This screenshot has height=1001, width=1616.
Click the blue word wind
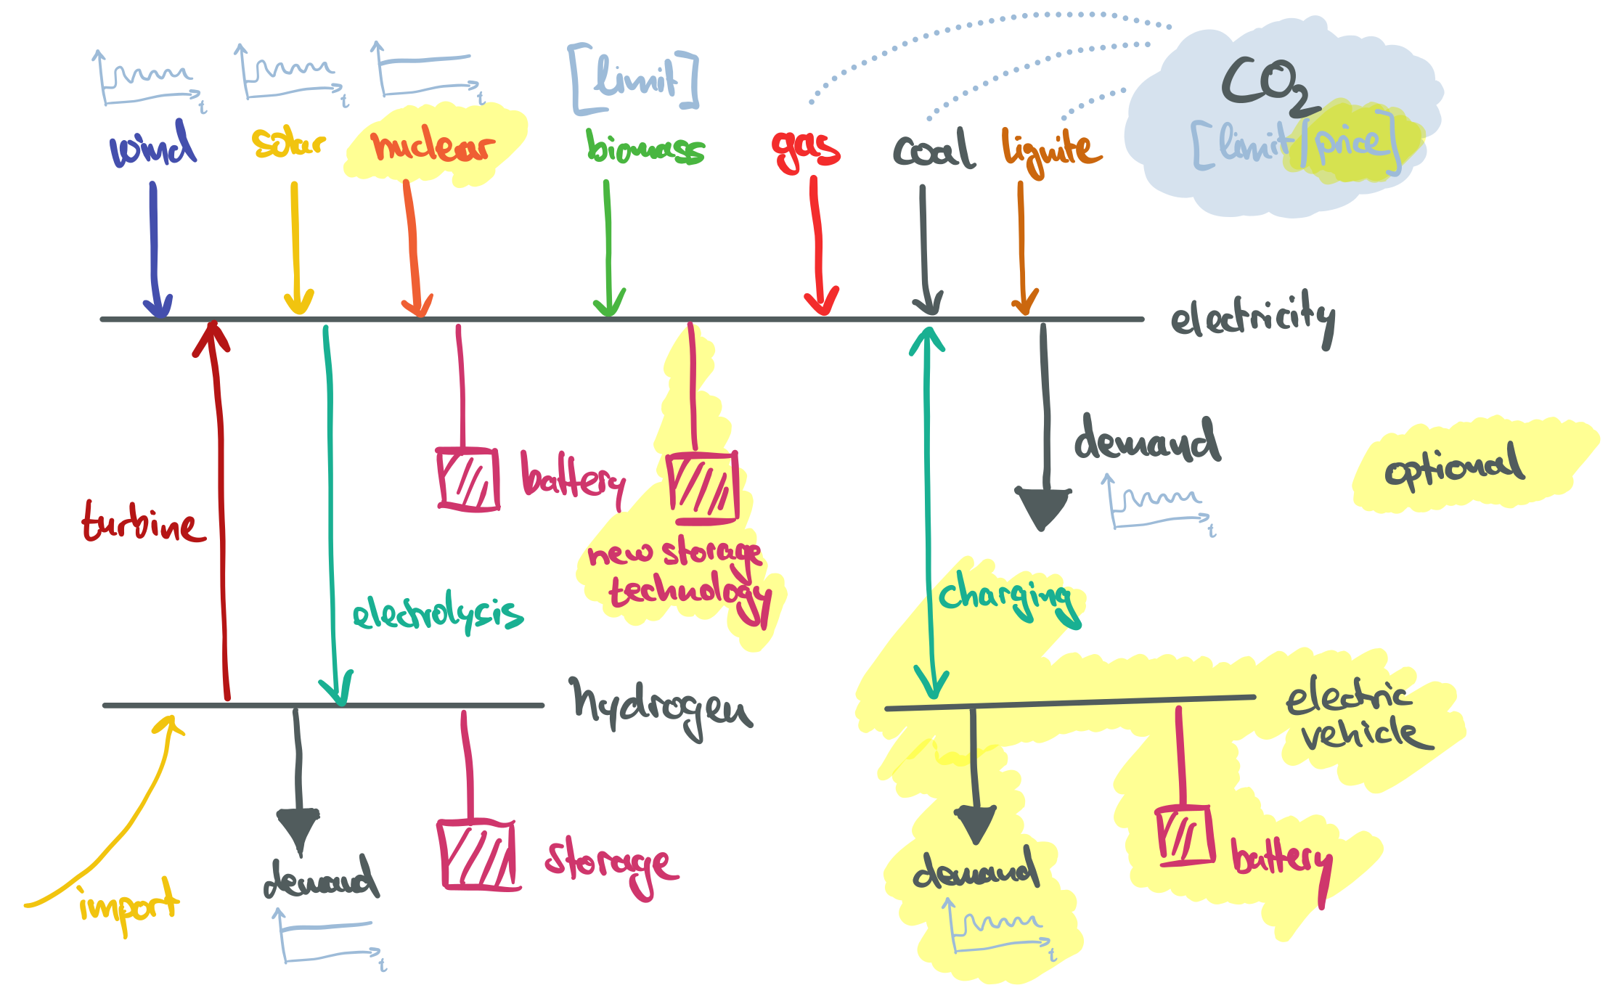(152, 146)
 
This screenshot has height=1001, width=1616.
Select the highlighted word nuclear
(433, 146)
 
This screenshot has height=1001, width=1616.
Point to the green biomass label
(645, 148)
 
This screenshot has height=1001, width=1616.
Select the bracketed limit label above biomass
(634, 78)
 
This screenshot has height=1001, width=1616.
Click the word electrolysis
(438, 614)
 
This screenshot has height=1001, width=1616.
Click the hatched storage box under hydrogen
(477, 854)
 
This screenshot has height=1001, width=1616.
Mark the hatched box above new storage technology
(703, 488)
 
